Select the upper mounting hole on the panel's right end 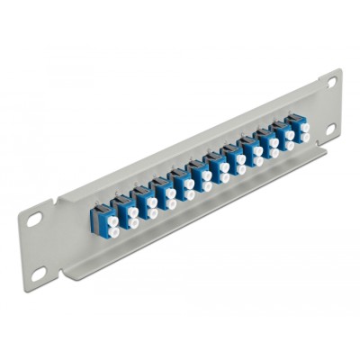tap(331, 82)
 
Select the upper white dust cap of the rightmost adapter tap(305, 128)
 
